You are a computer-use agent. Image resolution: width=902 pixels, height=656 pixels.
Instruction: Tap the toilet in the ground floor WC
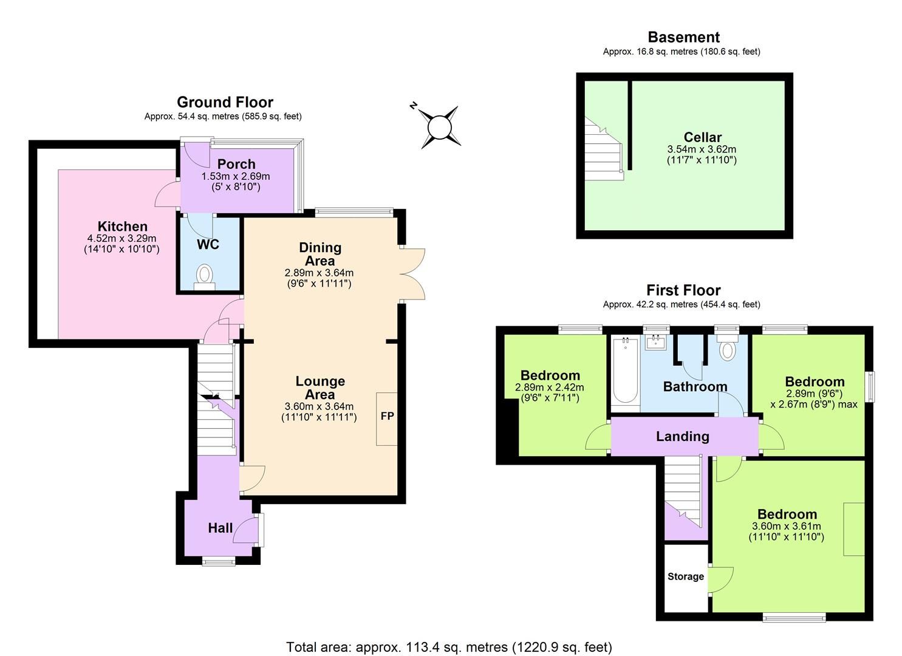click(205, 276)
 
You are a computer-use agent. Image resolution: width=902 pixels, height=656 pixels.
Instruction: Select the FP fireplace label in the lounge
click(387, 417)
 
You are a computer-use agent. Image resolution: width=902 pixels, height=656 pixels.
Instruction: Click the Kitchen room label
click(123, 227)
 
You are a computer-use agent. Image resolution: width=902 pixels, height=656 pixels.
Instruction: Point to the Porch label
click(236, 164)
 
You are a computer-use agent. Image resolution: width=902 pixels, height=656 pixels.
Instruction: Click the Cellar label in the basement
click(702, 137)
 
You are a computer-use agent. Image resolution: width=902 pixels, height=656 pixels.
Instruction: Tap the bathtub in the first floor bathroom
click(624, 371)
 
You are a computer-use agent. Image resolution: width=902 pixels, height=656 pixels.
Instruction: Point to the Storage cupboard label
click(686, 576)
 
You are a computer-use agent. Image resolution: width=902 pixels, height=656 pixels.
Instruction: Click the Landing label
click(683, 436)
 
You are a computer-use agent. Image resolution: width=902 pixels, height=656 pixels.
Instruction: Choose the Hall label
click(220, 528)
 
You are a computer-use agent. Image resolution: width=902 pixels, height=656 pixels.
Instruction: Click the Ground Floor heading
click(225, 102)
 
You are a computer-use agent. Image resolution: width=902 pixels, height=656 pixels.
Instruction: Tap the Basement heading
click(683, 37)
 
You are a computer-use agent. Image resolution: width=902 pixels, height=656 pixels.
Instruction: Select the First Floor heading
click(683, 290)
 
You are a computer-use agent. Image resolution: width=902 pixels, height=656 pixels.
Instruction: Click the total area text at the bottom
click(449, 647)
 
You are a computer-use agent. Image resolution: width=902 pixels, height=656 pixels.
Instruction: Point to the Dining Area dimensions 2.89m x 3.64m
click(319, 273)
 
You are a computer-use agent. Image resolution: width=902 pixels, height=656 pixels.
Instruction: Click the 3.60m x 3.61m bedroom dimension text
click(786, 526)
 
